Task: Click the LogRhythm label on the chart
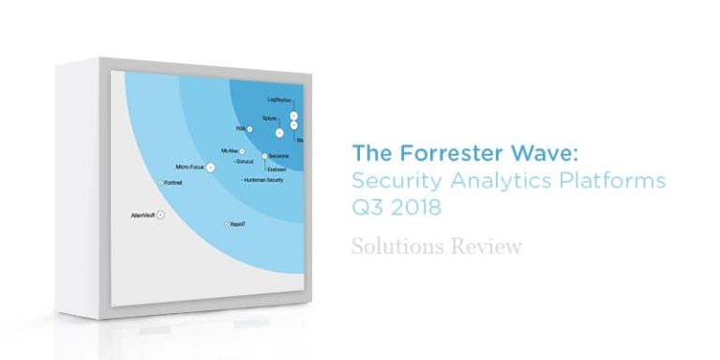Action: point(278,98)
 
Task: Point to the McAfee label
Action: point(229,150)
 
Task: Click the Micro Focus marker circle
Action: point(211,166)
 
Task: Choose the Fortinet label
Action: point(172,183)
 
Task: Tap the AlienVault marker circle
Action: point(160,216)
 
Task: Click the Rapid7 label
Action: point(236,225)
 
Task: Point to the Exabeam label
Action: point(277,169)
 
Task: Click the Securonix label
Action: point(278,155)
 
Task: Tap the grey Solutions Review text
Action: point(436,247)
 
